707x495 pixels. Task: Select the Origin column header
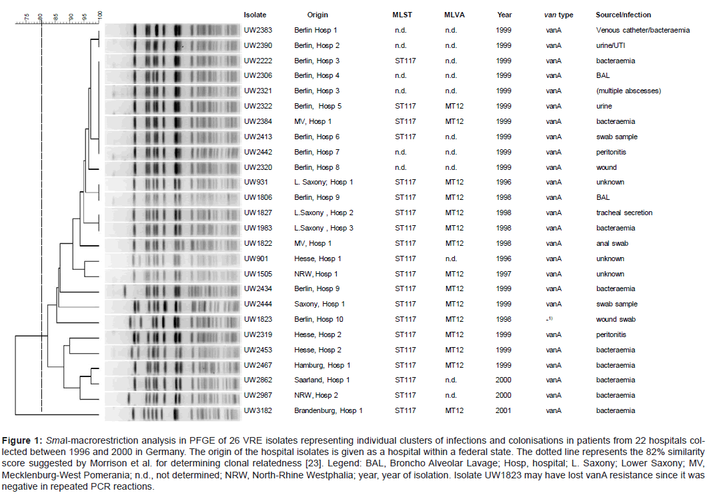tap(317, 15)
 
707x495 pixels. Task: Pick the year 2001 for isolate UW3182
tap(504, 411)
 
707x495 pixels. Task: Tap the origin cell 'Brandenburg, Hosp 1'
tap(328, 411)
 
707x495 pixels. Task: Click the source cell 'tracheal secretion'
tap(624, 213)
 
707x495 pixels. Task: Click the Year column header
tap(504, 15)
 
